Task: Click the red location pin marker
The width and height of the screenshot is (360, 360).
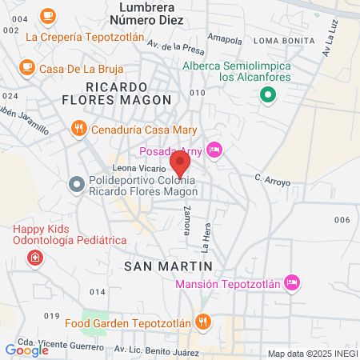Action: tap(180, 164)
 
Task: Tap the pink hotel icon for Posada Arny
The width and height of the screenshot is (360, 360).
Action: tap(214, 150)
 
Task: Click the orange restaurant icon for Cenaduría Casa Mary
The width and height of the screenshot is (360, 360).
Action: tap(78, 126)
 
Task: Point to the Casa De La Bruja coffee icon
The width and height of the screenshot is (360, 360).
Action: tap(27, 67)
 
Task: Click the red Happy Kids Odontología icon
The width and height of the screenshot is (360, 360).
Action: tap(35, 258)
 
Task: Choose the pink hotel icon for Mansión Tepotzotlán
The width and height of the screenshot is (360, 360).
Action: tap(293, 282)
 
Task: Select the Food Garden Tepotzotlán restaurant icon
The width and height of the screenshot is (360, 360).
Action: tap(204, 322)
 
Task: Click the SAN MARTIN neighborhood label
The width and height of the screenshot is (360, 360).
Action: tap(168, 265)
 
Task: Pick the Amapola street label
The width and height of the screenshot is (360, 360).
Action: tap(224, 38)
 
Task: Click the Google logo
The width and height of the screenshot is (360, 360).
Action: tap(26, 350)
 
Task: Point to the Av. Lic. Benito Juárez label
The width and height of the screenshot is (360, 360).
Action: tap(151, 350)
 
